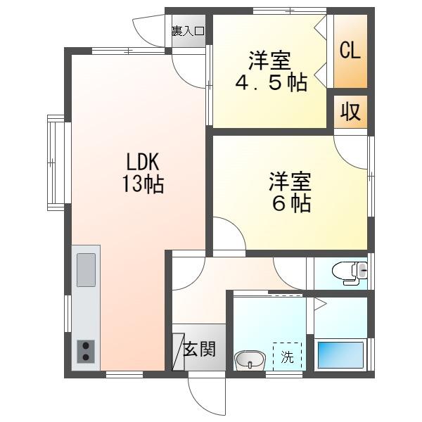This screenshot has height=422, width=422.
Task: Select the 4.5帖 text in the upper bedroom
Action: click(270, 82)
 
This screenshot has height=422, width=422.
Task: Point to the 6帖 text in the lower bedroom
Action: click(289, 203)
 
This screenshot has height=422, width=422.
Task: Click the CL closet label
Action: click(350, 51)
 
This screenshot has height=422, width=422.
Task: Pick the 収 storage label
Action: click(350, 112)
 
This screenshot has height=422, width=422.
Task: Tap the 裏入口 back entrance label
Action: click(188, 31)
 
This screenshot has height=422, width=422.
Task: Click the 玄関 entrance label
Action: click(199, 348)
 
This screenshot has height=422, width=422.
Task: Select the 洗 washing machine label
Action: click(287, 357)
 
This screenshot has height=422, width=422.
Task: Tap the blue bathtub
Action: click(340, 354)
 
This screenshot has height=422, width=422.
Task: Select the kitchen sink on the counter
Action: click(86, 269)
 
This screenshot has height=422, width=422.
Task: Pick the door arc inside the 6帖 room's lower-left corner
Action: click(226, 236)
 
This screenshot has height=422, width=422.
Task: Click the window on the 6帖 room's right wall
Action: click(371, 172)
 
